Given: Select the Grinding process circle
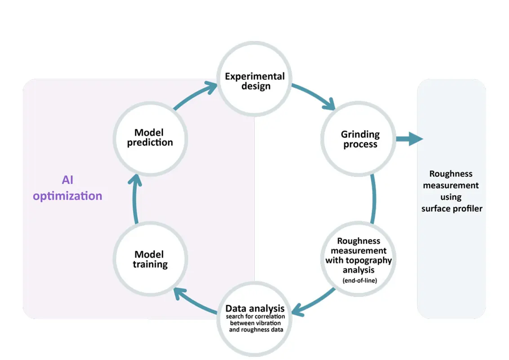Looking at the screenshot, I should click(360, 140).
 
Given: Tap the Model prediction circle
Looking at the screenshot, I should click(150, 138).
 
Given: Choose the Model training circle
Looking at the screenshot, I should click(150, 259).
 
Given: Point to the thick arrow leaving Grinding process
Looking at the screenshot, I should click(409, 139).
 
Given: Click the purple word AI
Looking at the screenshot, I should click(67, 180).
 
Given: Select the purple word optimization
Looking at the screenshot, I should click(67, 196).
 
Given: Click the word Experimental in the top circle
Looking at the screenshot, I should click(255, 76).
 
